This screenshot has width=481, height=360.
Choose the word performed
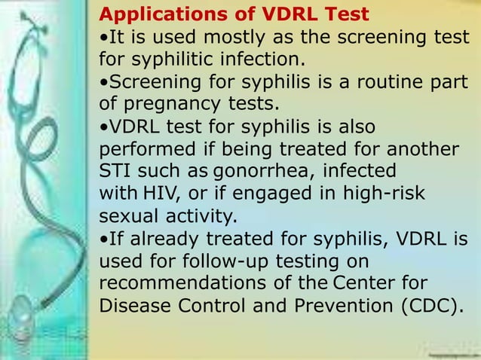click(x=139, y=148)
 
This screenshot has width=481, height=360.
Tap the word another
click(x=418, y=148)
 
